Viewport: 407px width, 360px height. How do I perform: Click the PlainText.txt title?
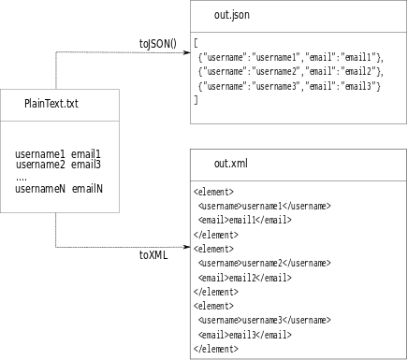point(51,104)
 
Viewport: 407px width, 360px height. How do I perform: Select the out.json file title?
point(231,16)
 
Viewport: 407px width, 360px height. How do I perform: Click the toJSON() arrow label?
point(157,43)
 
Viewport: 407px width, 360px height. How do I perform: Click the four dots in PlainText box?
point(22,177)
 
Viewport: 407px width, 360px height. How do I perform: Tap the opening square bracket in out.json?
point(196,43)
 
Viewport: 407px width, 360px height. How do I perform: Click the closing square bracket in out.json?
point(196,99)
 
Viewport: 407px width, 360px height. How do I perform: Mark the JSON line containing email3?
point(288,85)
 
